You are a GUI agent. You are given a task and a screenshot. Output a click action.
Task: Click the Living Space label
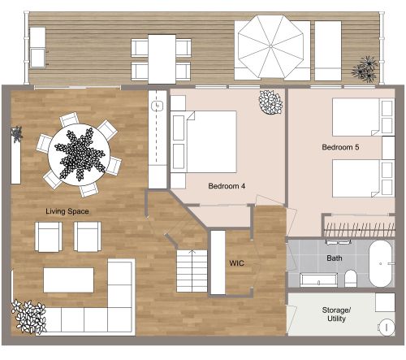67,211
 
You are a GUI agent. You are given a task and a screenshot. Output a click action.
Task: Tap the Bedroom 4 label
227,186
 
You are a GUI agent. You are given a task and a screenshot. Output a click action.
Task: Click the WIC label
237,263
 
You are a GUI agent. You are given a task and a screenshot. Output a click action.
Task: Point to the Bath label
335,258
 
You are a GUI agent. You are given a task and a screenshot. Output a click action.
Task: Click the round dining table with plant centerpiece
80,152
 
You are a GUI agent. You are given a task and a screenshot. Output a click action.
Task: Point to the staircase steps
192,271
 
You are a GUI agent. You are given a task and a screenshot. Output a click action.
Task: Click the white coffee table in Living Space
68,280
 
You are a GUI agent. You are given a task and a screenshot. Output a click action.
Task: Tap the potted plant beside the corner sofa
28,316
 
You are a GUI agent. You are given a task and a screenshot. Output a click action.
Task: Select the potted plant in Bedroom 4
270,102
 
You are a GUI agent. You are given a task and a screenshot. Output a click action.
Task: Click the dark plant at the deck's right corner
365,68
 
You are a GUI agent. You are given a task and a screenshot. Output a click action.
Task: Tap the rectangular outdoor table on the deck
162,58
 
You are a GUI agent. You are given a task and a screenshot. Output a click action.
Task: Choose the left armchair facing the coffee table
49,236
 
